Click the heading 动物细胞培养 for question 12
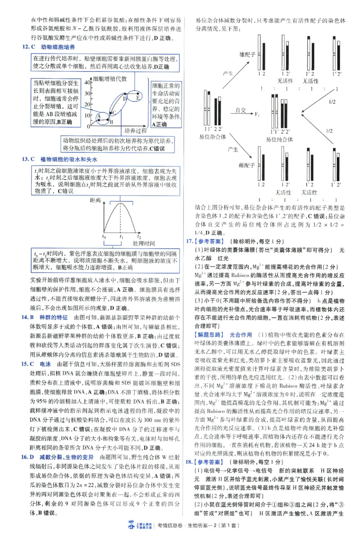point(58,47)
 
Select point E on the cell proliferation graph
point(137,96)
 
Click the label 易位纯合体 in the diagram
point(280,139)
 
